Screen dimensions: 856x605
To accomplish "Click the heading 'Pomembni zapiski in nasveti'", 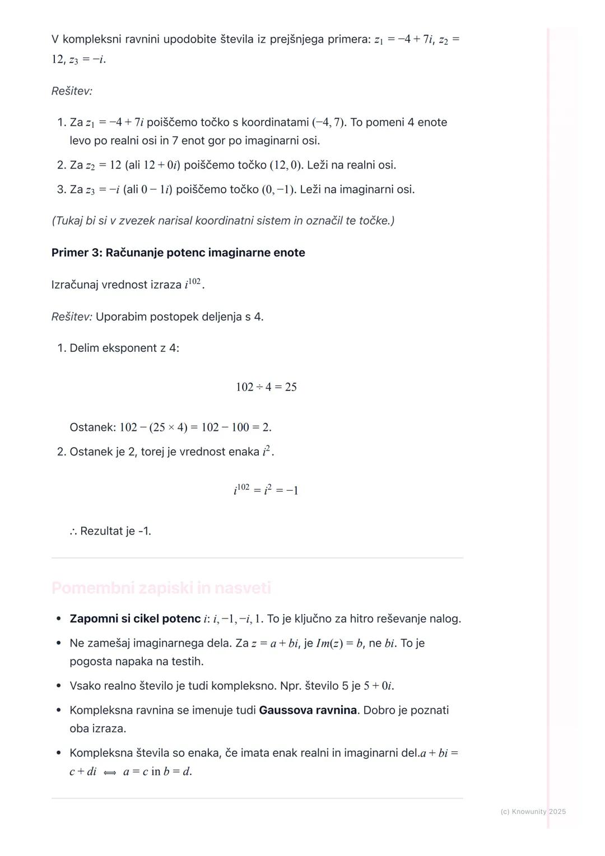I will pyautogui.click(x=161, y=588).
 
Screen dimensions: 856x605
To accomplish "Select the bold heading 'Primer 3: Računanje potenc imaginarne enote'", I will pyautogui.click(x=178, y=253).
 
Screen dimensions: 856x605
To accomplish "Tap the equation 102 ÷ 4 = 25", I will pyautogui.click(x=266, y=387).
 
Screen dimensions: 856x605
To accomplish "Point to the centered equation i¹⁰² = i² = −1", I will pyautogui.click(x=266, y=490).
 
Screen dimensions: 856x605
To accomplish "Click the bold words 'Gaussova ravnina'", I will pyautogui.click(x=308, y=710).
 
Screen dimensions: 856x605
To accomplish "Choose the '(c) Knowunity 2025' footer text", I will pyautogui.click(x=533, y=812).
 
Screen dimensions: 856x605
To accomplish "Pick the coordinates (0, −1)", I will pyautogui.click(x=278, y=190).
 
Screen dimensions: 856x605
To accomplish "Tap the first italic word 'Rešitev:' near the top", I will pyautogui.click(x=72, y=91).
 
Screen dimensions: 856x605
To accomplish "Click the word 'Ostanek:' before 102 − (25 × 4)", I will pyautogui.click(x=92, y=427).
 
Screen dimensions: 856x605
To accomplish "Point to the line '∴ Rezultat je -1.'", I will pyautogui.click(x=110, y=531).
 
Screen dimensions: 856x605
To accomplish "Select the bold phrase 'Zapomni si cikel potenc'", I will pyautogui.click(x=135, y=619).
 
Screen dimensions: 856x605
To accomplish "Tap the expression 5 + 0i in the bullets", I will pyautogui.click(x=378, y=686).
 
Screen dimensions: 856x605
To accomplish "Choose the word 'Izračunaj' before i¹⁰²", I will pyautogui.click(x=76, y=285).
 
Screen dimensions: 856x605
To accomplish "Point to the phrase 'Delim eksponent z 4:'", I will pyautogui.click(x=124, y=348).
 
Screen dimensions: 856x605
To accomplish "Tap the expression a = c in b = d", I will pyautogui.click(x=157, y=772).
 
